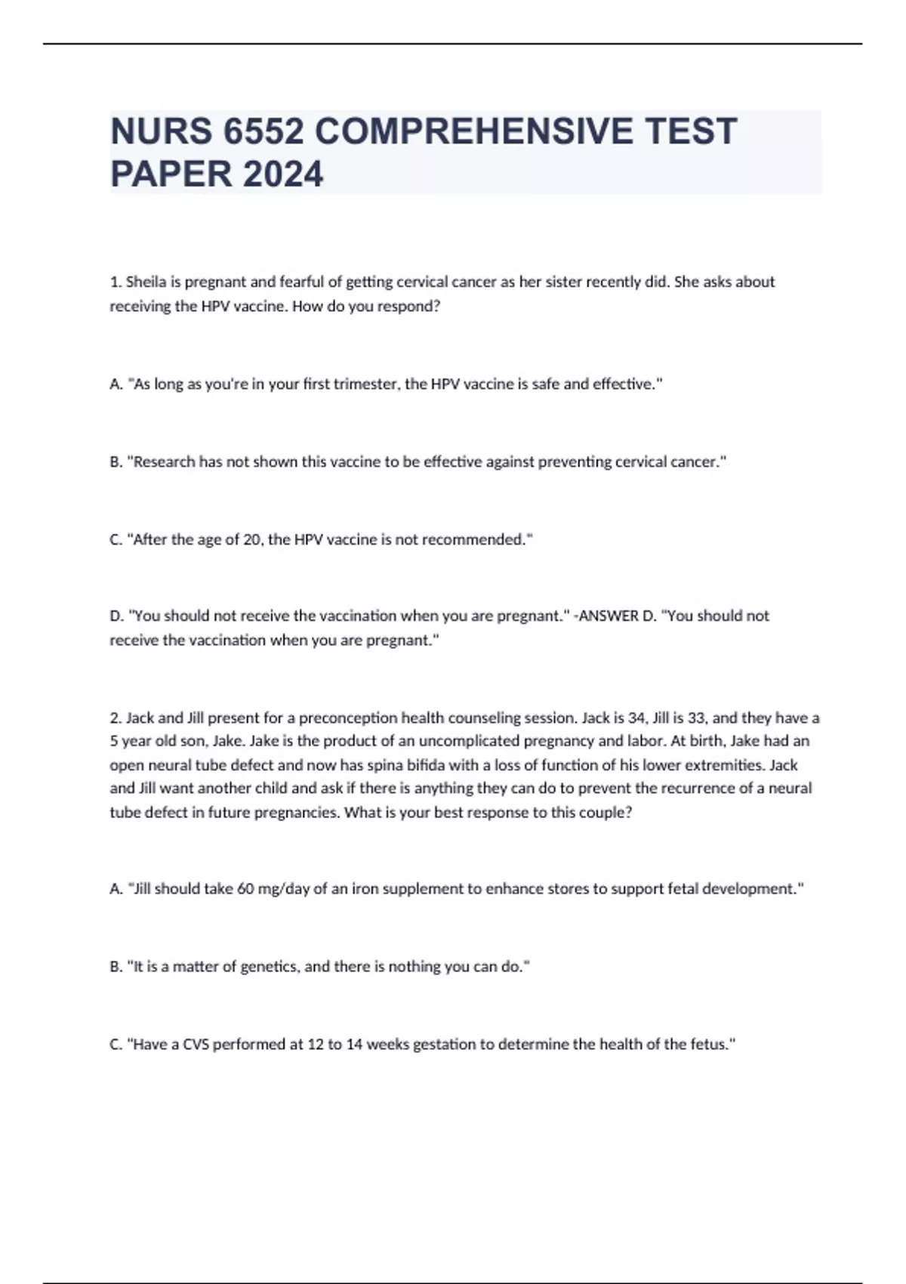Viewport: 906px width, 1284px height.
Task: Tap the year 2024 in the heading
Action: pos(283,174)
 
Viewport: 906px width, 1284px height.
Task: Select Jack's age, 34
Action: pos(637,718)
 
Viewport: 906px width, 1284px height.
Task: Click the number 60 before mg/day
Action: pos(245,889)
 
